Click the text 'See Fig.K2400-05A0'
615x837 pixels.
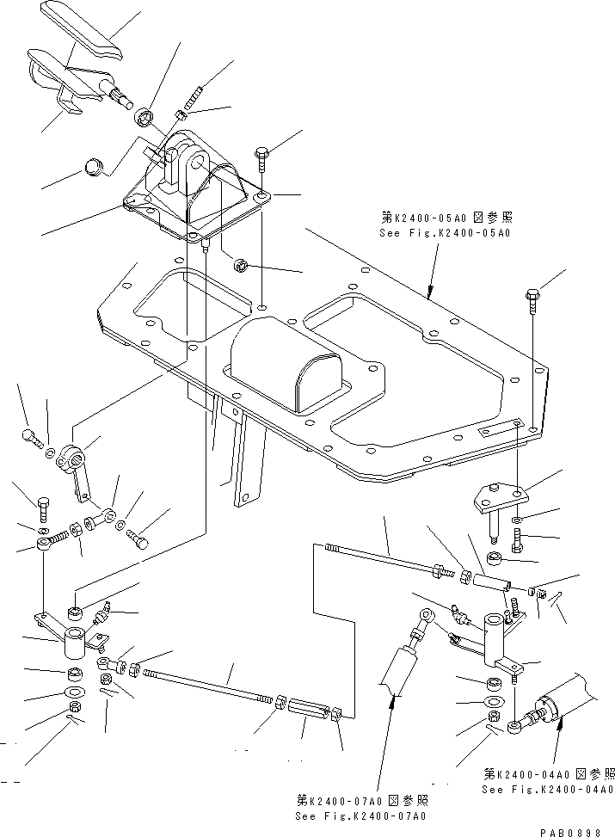tap(447, 233)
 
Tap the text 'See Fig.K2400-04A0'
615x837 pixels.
tap(548, 789)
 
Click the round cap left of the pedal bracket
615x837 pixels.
tap(94, 166)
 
